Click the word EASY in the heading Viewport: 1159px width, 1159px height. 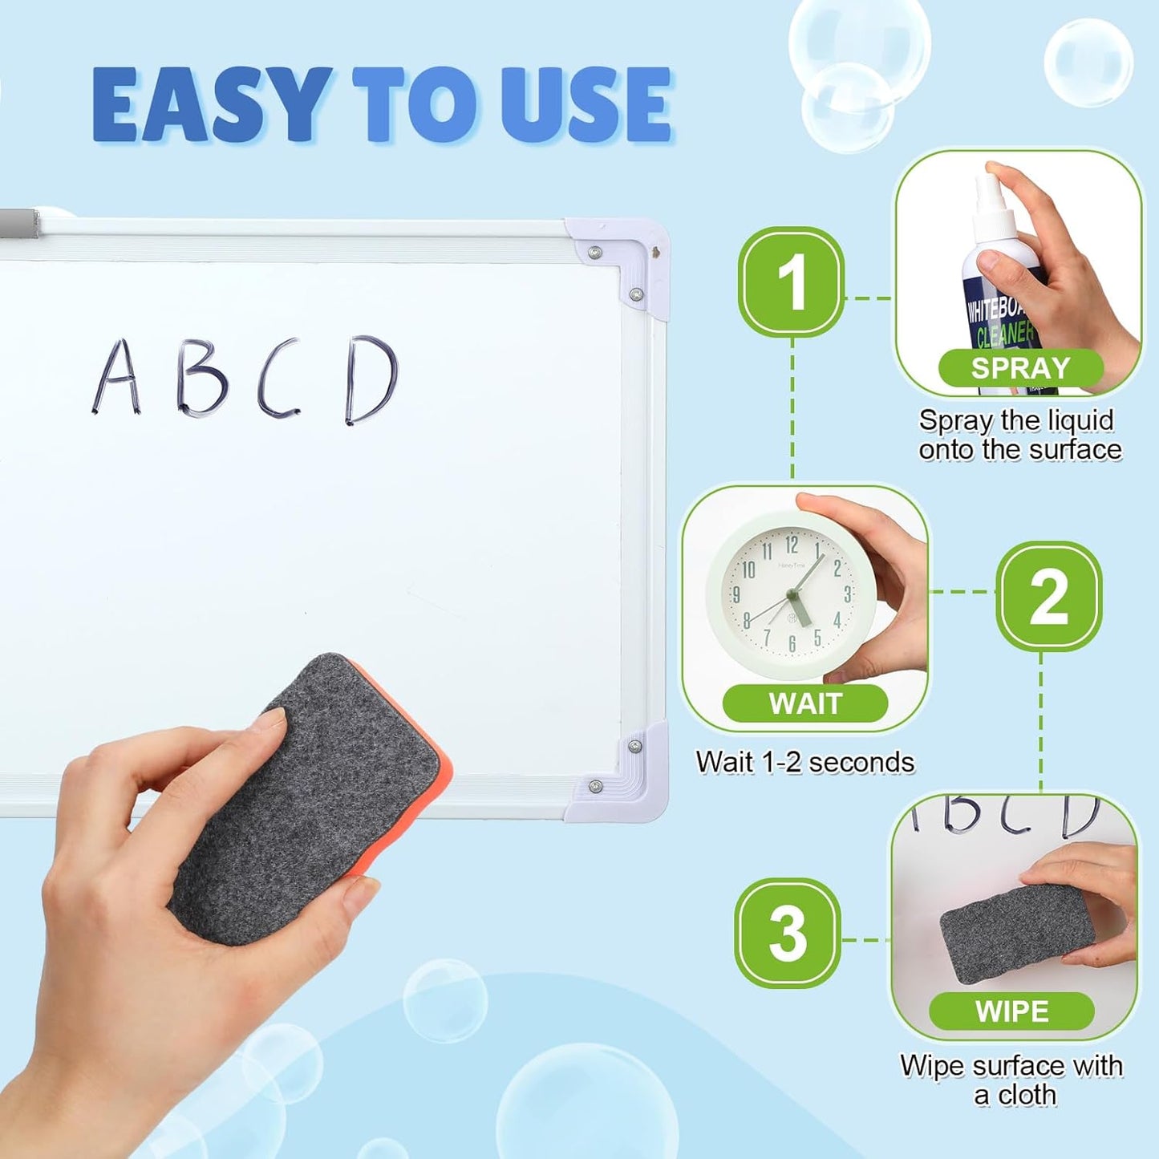[x=212, y=105]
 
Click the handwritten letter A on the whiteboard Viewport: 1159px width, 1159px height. [x=117, y=377]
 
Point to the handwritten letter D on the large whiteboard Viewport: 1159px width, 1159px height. [x=371, y=379]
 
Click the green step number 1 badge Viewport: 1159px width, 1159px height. [x=791, y=282]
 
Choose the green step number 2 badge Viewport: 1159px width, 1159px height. [x=1048, y=596]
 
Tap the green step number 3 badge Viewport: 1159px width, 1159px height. [x=788, y=933]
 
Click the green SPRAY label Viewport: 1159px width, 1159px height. [x=1020, y=368]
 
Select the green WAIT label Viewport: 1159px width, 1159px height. [x=804, y=703]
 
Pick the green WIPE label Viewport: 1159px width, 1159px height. [x=1011, y=1011]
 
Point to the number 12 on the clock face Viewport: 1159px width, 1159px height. [x=792, y=545]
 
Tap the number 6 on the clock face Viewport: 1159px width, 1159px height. [x=792, y=643]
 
